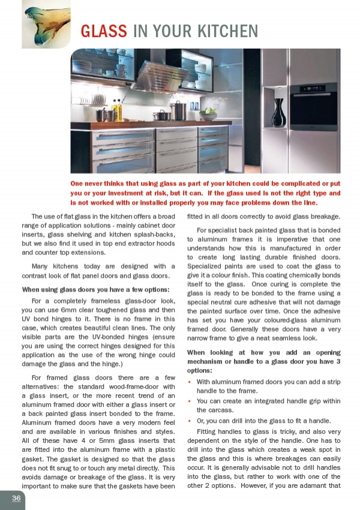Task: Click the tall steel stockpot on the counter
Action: click(179, 110)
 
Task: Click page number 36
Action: click(16, 498)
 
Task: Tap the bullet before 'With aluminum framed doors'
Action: click(190, 382)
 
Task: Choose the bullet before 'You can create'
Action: click(190, 401)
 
